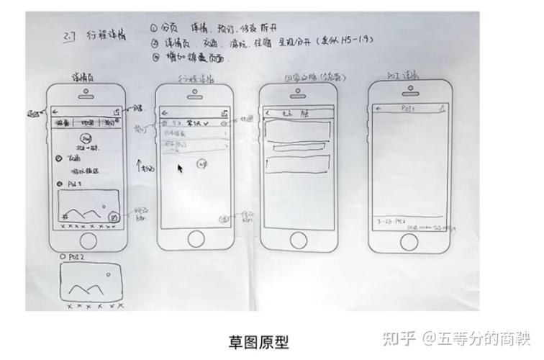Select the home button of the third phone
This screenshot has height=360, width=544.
pos(298,240)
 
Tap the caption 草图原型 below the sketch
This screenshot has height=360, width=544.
pos(262,339)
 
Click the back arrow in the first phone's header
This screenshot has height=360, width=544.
pos(55,111)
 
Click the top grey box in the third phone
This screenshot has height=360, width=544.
pos(298,130)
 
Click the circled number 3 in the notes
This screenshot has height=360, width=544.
pos(154,55)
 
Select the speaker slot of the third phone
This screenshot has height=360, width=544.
pos(298,96)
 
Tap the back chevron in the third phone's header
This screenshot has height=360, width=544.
pos(268,113)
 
